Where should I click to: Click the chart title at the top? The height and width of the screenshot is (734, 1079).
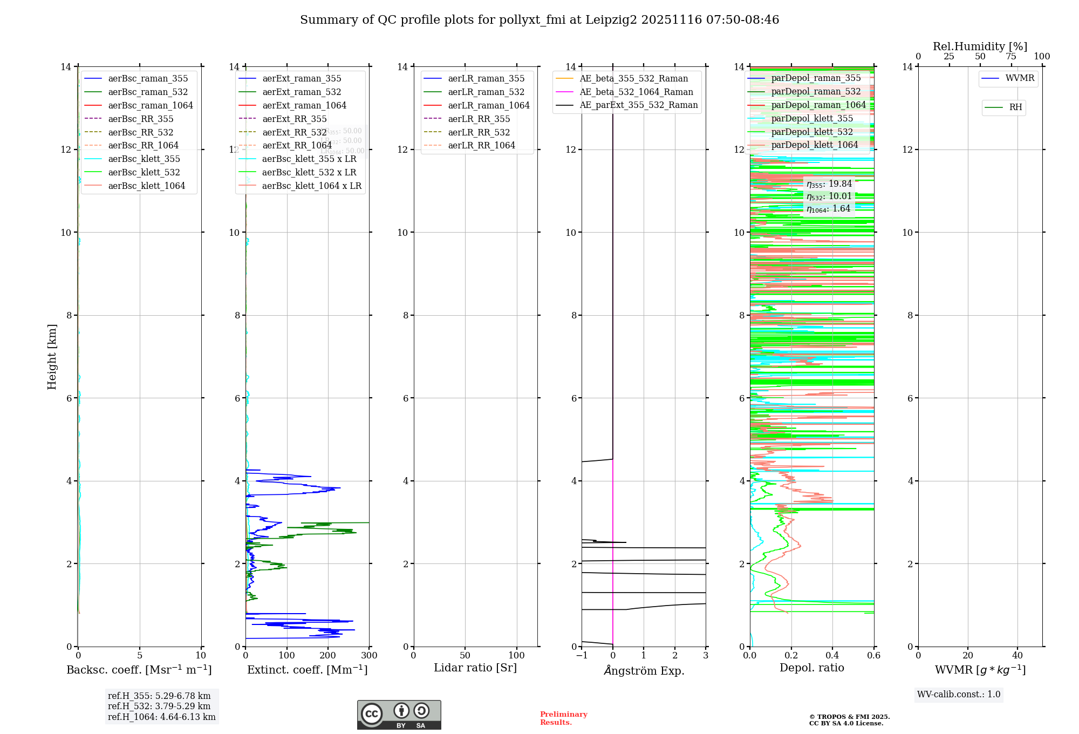pos(539,20)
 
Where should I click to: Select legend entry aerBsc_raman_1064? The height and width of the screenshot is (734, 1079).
pos(150,106)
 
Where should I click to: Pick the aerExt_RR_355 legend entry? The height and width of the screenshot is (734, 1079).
pos(295,119)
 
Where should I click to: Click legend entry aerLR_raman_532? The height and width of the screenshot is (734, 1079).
pos(486,92)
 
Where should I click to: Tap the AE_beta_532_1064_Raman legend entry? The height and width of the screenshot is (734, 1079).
pos(636,92)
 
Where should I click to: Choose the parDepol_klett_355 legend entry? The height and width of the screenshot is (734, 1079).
pos(812,119)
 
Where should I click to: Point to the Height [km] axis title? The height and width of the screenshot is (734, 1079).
pos(52,356)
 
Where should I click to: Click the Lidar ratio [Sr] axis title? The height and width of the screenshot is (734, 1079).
pos(475,668)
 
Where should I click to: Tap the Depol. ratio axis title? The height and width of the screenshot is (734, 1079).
pos(812,668)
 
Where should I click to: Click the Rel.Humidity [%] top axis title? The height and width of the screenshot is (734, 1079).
pos(980,46)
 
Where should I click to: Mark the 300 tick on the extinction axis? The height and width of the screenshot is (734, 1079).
pos(370,656)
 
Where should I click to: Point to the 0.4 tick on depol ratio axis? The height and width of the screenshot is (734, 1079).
pos(832,656)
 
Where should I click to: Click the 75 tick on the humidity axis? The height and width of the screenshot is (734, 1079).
pos(1011,57)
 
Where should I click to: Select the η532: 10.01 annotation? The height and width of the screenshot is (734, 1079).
pos(829,196)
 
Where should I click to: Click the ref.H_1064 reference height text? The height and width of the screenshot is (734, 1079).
pos(161,717)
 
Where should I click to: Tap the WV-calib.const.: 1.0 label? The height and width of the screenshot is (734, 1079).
pos(959,695)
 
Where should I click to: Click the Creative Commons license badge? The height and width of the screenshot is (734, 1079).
pos(399,715)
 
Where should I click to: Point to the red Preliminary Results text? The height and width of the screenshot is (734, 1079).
pos(563,718)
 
